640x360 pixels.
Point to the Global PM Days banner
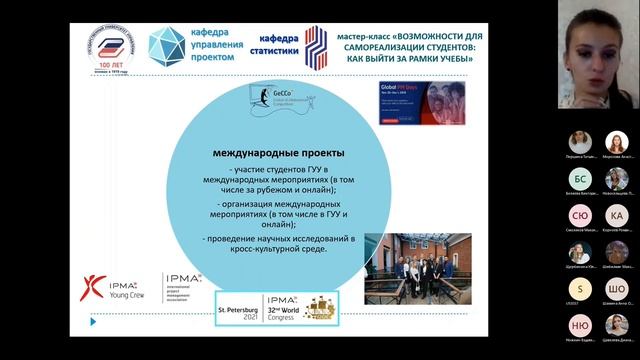(x=412, y=102)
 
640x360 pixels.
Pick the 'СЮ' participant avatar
(x=580, y=216)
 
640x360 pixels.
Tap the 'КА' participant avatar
(x=617, y=216)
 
